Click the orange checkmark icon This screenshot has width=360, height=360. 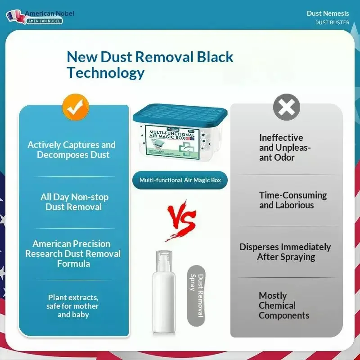[x=76, y=107]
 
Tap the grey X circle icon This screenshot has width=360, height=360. [x=287, y=107]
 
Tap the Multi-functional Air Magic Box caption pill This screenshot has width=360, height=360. [x=180, y=180]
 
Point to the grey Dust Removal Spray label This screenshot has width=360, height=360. [x=196, y=296]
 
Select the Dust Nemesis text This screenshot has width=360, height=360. [x=328, y=13]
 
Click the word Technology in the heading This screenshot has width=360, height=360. [x=106, y=73]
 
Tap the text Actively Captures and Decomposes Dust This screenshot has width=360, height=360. [x=72, y=150]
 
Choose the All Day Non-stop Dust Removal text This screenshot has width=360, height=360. [x=74, y=202]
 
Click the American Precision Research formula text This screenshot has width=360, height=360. [x=73, y=254]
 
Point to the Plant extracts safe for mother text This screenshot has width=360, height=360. [x=73, y=306]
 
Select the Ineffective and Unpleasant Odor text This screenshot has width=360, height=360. [x=283, y=148]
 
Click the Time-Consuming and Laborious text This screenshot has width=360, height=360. [x=293, y=200]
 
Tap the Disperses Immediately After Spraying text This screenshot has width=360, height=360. [x=285, y=252]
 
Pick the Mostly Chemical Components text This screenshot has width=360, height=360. [x=283, y=306]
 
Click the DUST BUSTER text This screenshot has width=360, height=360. [x=332, y=22]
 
